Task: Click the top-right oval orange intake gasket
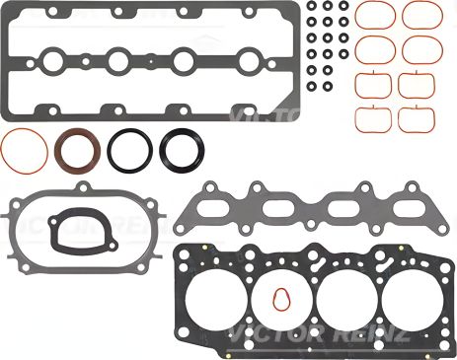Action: pyautogui.click(x=419, y=14)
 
